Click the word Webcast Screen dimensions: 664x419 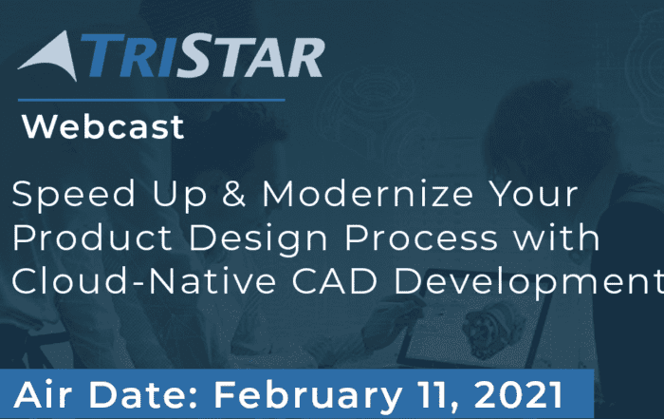click(102, 126)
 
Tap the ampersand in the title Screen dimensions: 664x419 click(233, 194)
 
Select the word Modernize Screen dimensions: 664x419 click(367, 194)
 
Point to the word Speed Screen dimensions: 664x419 click(73, 194)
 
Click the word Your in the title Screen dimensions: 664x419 click(533, 194)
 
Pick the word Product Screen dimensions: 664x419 click(92, 238)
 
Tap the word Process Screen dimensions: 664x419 click(421, 238)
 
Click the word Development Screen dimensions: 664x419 click(528, 282)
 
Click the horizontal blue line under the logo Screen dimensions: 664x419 click(151, 101)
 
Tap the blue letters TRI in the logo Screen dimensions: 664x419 click(130, 56)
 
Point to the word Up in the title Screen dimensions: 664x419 click(179, 196)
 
